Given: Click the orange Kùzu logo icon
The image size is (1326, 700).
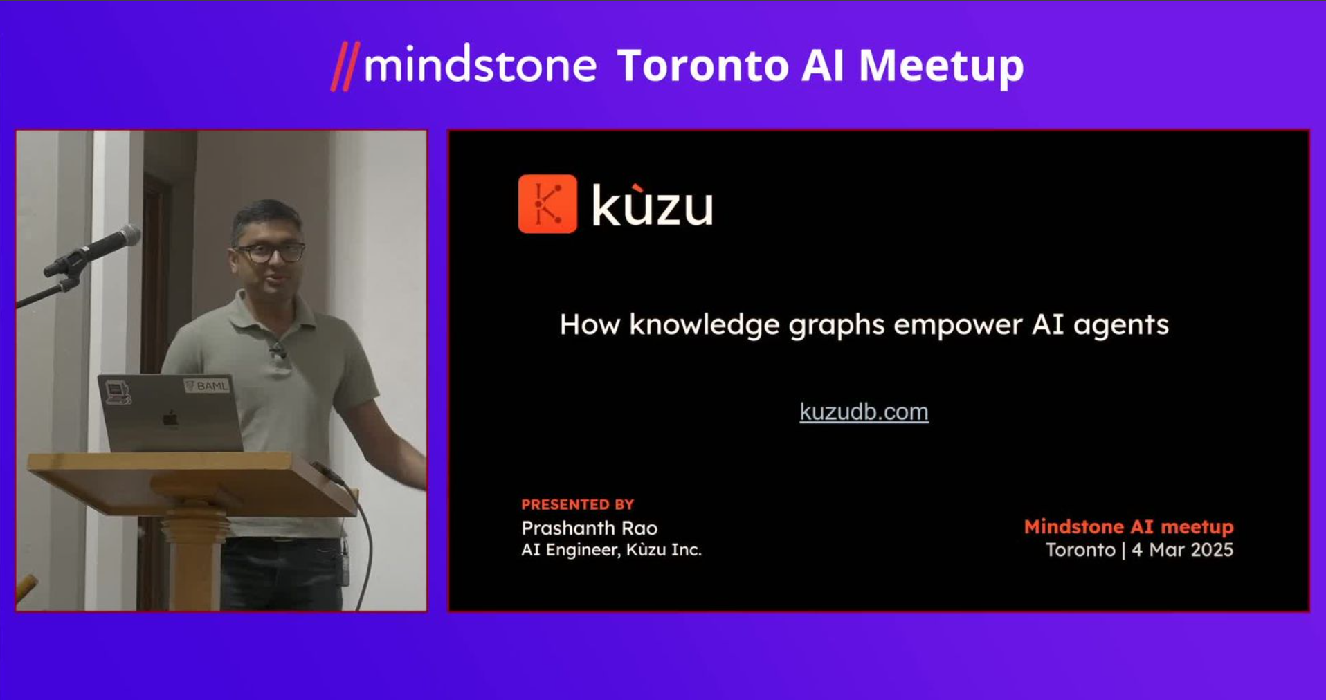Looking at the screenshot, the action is coord(547,204).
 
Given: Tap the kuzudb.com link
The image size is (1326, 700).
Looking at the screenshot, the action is coord(864,412).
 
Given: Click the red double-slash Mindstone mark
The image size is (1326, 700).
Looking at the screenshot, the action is coord(345,66).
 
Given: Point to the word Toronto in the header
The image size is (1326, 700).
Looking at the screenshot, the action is coord(702,66).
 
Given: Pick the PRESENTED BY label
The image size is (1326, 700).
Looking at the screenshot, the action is coord(578,504).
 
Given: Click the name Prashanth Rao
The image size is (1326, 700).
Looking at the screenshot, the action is coord(590,528).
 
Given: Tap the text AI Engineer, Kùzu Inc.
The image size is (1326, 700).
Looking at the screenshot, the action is coord(611,550).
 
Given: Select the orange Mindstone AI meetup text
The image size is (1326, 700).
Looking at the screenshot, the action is coord(1129,527).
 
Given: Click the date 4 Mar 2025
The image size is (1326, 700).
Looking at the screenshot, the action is coord(1183,550).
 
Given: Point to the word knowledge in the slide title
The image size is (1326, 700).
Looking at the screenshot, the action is coord(705,325).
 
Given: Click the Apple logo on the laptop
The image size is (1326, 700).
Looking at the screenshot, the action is coord(170,418).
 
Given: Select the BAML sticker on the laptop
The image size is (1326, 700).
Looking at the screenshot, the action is coord(207,385).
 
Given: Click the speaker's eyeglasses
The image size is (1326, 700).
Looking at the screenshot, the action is coord(270,252).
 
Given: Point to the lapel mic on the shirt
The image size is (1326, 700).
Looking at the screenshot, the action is coord(278,351).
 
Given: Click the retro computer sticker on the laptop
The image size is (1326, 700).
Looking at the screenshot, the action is coord(118,392).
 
